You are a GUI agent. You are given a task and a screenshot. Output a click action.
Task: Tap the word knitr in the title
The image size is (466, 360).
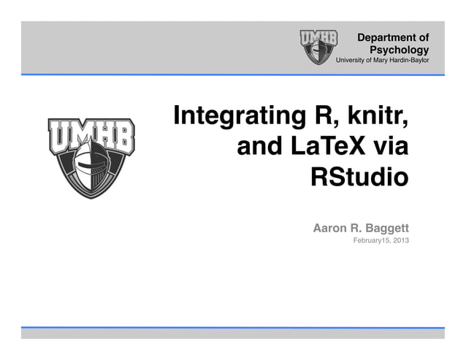tap(374, 117)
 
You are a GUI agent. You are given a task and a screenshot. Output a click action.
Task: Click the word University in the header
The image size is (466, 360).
tap(350, 60)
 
